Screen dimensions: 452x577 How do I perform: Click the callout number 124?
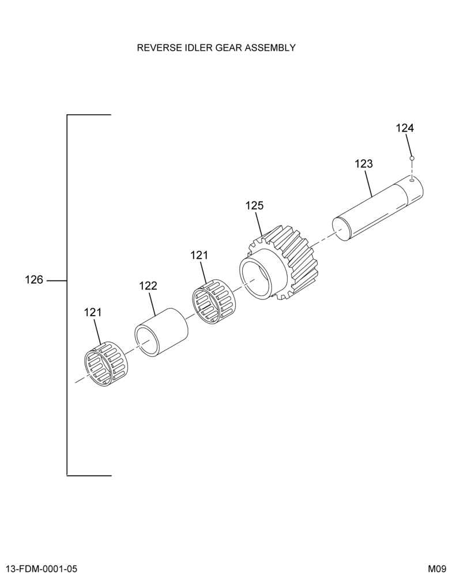[405, 128]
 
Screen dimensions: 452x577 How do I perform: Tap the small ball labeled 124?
[412, 158]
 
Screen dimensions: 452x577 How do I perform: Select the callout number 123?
[364, 164]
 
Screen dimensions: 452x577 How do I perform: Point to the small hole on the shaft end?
[412, 180]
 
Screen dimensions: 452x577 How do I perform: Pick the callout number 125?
[254, 205]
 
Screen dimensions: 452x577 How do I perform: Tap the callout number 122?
[148, 286]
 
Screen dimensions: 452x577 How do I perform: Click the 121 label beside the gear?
[199, 255]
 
